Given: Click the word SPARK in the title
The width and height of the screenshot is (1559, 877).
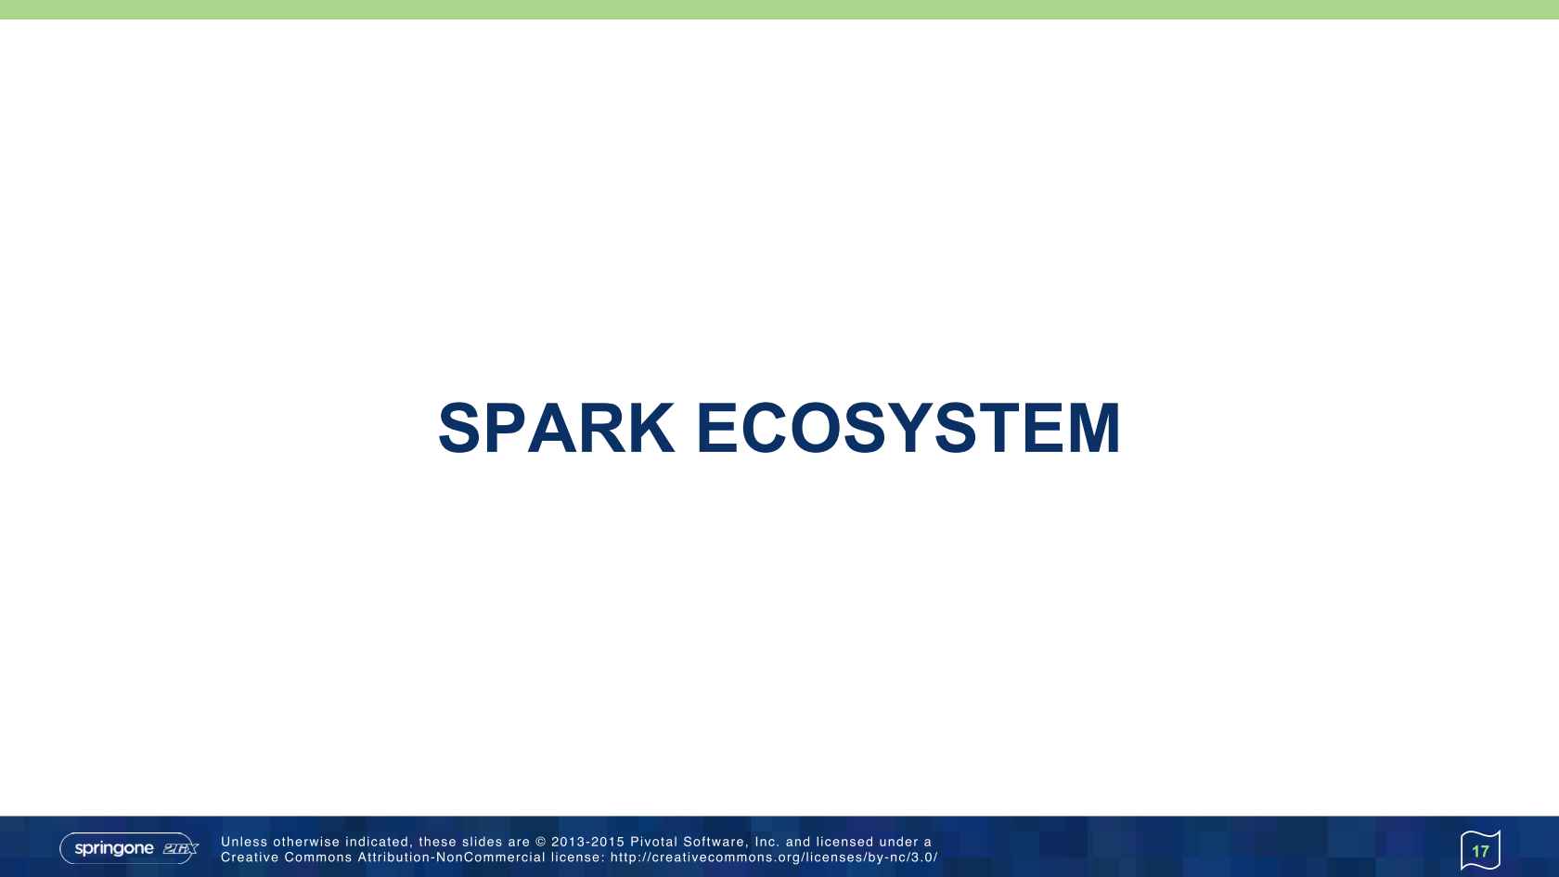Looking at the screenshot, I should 556,429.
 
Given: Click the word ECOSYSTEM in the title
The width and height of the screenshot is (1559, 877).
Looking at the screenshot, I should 908,429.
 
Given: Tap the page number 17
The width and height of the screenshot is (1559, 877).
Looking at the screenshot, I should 1480,851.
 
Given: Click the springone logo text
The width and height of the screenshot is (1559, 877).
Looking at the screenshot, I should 114,848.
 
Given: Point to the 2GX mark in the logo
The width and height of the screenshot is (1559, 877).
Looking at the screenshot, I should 180,848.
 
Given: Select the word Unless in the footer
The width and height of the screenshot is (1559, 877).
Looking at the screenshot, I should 244,842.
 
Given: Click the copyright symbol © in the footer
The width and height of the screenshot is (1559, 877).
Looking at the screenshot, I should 541,842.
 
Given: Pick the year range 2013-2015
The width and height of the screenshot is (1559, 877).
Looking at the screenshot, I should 588,842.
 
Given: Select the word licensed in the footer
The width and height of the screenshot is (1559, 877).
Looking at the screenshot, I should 844,842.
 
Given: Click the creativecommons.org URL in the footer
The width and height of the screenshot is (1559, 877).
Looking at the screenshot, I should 774,858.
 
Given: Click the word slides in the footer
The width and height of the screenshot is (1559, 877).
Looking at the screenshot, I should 483,842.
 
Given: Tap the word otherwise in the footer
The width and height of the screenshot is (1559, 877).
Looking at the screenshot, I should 306,842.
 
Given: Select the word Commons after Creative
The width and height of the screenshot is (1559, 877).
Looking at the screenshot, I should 318,858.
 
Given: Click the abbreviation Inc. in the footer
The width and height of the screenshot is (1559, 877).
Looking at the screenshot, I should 767,842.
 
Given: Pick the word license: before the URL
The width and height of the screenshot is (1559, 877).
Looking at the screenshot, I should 577,858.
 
